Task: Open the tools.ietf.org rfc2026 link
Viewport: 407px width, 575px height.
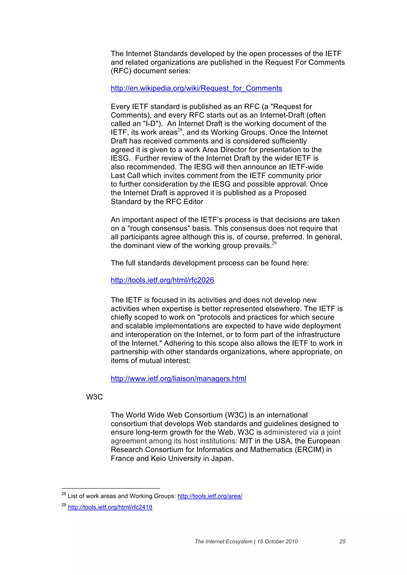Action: click(162, 280)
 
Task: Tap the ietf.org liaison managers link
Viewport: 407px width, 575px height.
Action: click(178, 378)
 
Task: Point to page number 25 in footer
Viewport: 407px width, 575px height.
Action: click(342, 541)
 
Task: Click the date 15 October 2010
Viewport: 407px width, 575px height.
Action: click(277, 541)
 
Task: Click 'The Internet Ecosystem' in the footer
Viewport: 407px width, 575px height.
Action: click(223, 541)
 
